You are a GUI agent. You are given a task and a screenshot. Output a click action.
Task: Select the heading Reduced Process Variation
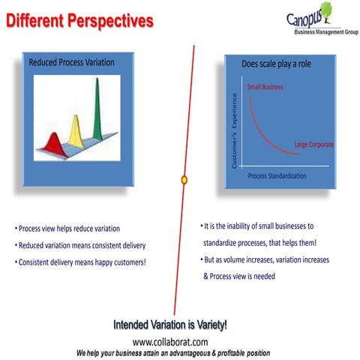[71, 62]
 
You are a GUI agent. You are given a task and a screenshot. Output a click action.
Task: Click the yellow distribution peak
[75, 127]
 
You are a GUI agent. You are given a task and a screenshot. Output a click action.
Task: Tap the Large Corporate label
[313, 144]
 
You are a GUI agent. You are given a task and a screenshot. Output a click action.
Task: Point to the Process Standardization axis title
[277, 175]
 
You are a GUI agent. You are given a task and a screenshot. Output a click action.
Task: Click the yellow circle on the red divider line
[184, 179]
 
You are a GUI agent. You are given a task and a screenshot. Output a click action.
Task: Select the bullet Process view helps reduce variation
[67, 229]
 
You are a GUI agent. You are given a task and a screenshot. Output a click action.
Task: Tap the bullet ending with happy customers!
[80, 262]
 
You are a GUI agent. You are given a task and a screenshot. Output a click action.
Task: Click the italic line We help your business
[172, 352]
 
